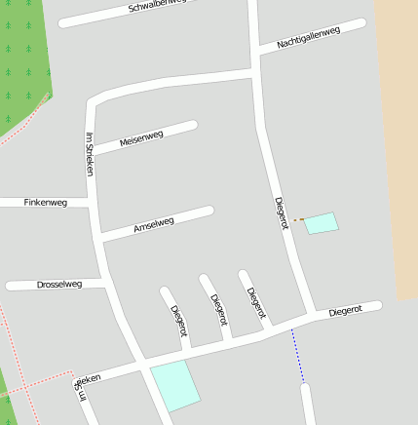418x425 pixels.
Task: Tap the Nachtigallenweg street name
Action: [x=308, y=38]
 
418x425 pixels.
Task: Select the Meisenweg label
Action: [x=141, y=139]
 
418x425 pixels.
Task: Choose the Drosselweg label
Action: [x=58, y=285]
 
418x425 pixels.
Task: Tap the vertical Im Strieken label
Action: [x=90, y=153]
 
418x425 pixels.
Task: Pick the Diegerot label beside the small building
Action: [x=282, y=212]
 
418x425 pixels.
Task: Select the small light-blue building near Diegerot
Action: [x=322, y=223]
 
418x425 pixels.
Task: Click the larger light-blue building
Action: [x=174, y=385]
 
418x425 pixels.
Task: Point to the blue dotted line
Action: [x=298, y=356]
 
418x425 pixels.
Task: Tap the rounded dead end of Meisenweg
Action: [x=192, y=125]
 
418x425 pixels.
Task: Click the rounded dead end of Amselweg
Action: [x=209, y=211]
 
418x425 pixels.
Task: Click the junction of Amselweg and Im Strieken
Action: [x=100, y=236]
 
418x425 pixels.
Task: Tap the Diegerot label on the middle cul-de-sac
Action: [x=219, y=308]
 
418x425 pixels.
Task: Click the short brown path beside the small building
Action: [x=299, y=219]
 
